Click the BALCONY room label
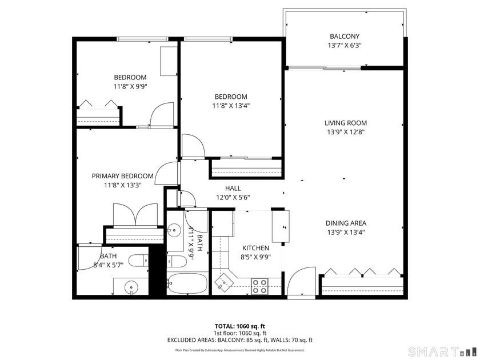point(345,36)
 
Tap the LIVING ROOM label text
point(346,123)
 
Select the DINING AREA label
point(346,223)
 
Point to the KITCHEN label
point(255,248)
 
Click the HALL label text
point(233,188)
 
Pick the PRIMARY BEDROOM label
point(122,176)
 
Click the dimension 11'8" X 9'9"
point(130,87)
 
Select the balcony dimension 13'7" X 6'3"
point(345,46)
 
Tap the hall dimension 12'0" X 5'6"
point(233,198)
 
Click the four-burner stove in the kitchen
point(259,286)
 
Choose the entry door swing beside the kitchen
point(298,283)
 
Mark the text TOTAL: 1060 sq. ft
point(239,326)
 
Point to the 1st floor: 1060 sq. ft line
point(239,333)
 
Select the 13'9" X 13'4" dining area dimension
point(346,233)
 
